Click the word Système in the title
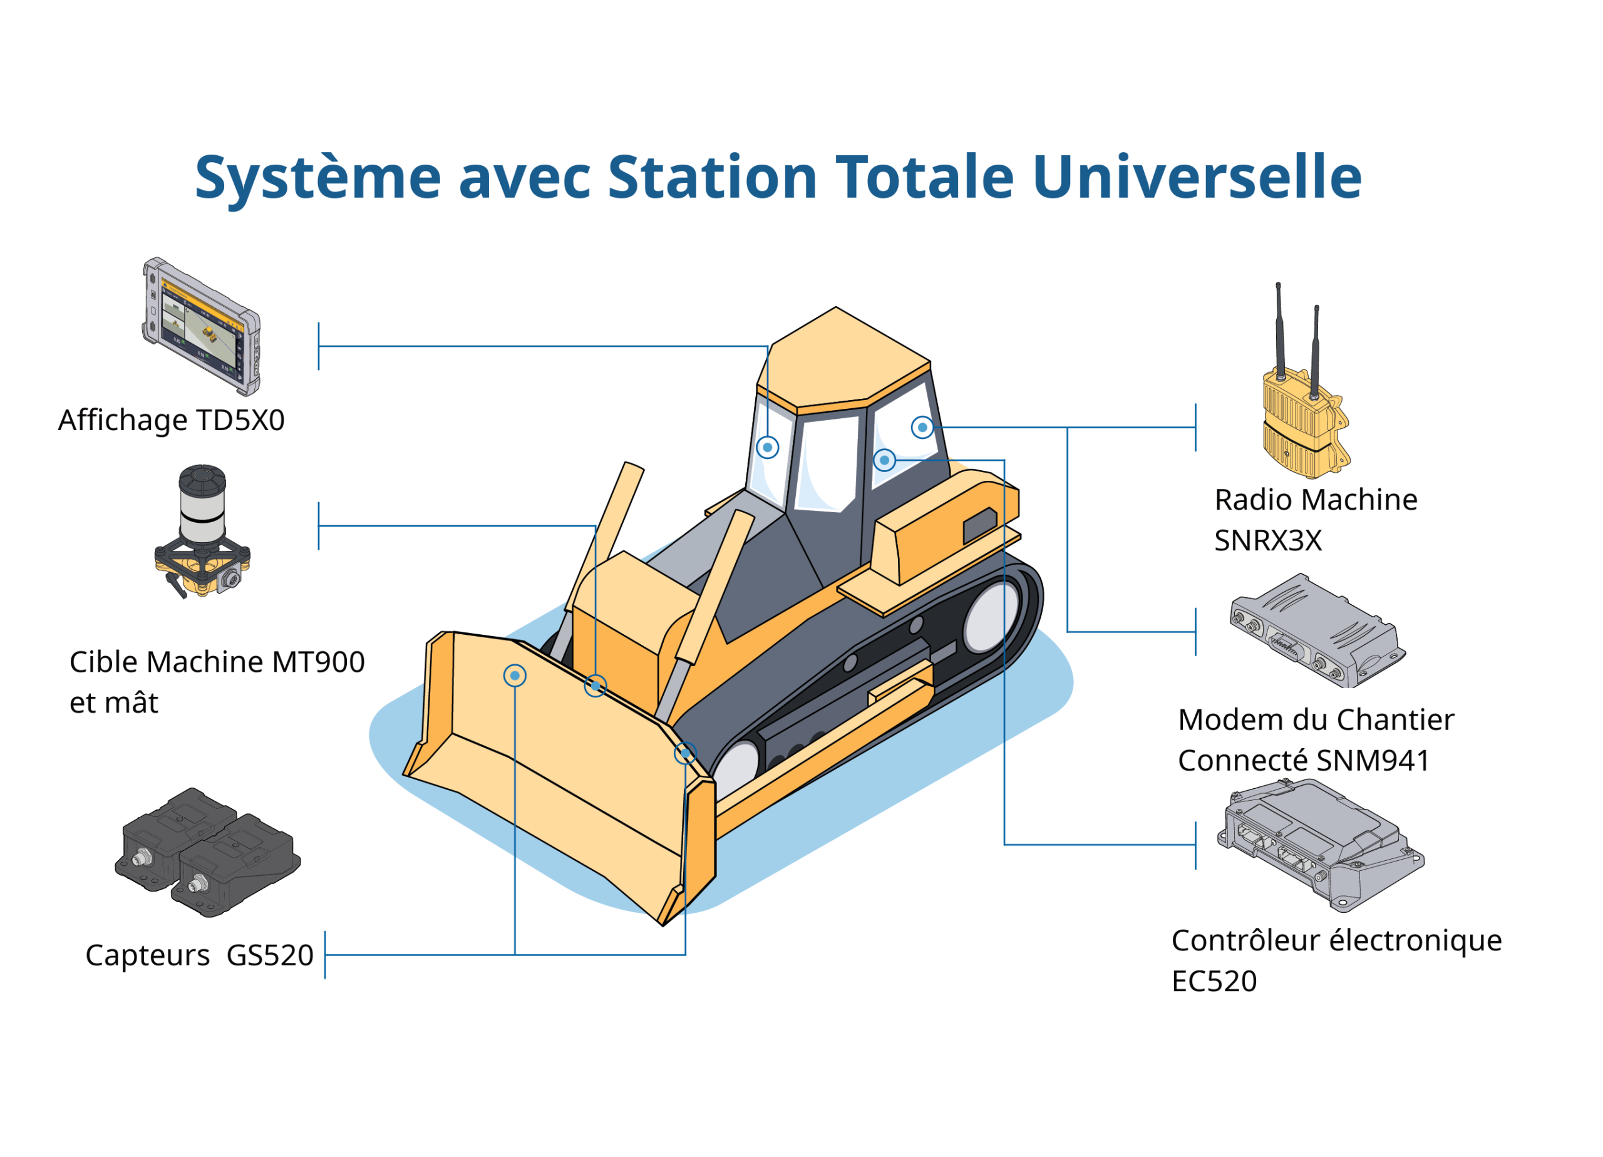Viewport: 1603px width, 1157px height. [x=317, y=177]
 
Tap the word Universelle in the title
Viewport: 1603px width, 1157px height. [x=1196, y=176]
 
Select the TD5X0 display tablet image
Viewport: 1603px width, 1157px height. [x=202, y=327]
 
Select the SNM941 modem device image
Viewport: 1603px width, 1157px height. [x=1317, y=630]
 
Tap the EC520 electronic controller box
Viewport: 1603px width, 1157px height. [x=1319, y=844]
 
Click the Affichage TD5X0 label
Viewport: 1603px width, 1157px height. [x=171, y=421]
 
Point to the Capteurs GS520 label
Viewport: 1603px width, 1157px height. [x=199, y=955]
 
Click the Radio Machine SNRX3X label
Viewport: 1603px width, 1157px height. [x=1314, y=520]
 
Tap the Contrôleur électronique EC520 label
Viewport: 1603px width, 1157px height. [x=1336, y=960]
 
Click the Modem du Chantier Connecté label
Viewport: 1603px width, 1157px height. [x=1314, y=740]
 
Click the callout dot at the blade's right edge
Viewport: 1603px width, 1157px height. [x=685, y=753]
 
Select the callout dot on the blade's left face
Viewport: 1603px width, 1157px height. [x=515, y=676]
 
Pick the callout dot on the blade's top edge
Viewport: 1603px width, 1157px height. [x=595, y=686]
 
